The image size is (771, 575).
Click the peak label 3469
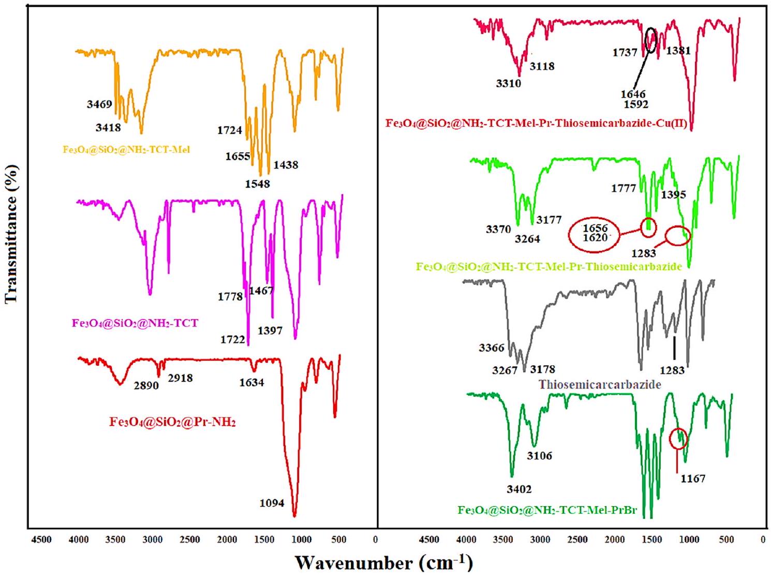(x=99, y=105)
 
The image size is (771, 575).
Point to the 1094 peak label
(x=272, y=502)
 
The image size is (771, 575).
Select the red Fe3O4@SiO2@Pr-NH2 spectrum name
(x=172, y=422)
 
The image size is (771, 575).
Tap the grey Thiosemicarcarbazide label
(x=600, y=385)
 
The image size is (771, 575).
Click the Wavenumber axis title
(x=383, y=563)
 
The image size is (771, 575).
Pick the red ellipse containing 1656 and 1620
(x=595, y=234)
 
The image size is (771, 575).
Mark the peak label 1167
(x=693, y=479)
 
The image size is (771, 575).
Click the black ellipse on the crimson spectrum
(x=651, y=40)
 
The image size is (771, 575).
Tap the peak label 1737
(x=625, y=53)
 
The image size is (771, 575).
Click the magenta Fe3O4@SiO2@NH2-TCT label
(x=135, y=323)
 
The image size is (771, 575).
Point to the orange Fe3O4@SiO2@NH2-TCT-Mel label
(x=126, y=150)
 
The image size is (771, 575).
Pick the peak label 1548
(x=257, y=184)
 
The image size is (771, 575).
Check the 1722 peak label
(x=232, y=340)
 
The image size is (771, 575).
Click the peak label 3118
(x=542, y=66)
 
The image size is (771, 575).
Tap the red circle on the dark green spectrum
(x=678, y=439)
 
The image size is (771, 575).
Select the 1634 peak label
(x=251, y=383)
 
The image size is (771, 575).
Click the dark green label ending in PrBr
(x=547, y=510)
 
